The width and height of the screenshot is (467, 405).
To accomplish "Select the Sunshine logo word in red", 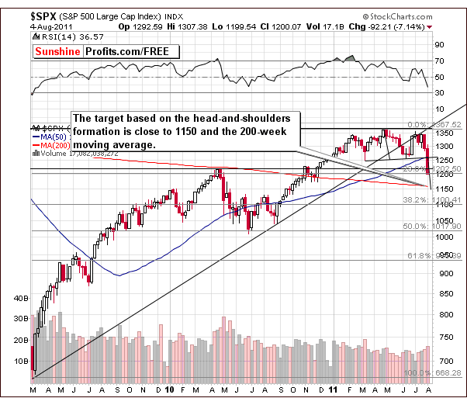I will click(60, 52).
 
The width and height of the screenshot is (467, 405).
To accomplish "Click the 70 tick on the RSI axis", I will click(438, 61).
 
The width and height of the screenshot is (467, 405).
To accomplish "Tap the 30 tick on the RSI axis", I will click(438, 93).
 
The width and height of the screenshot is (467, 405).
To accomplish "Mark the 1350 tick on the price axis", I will click(444, 133).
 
